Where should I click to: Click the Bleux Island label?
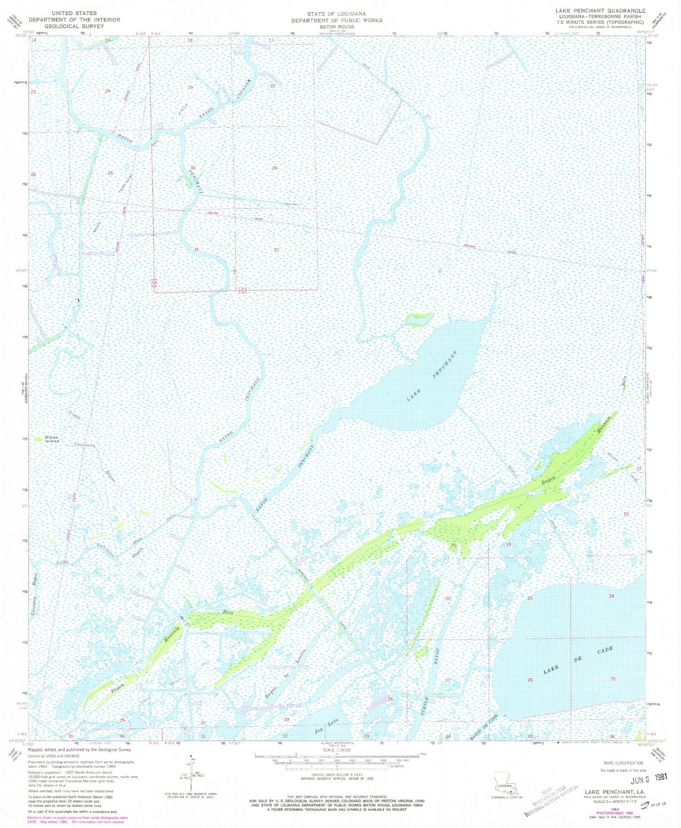click(52, 439)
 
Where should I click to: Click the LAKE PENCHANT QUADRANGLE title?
click(600, 10)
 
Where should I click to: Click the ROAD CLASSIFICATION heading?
click(623, 762)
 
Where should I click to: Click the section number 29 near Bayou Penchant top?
click(274, 168)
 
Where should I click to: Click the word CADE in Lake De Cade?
click(605, 650)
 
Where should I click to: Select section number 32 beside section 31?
click(276, 250)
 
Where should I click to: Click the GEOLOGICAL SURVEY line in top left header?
click(74, 26)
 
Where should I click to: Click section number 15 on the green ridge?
click(453, 545)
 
